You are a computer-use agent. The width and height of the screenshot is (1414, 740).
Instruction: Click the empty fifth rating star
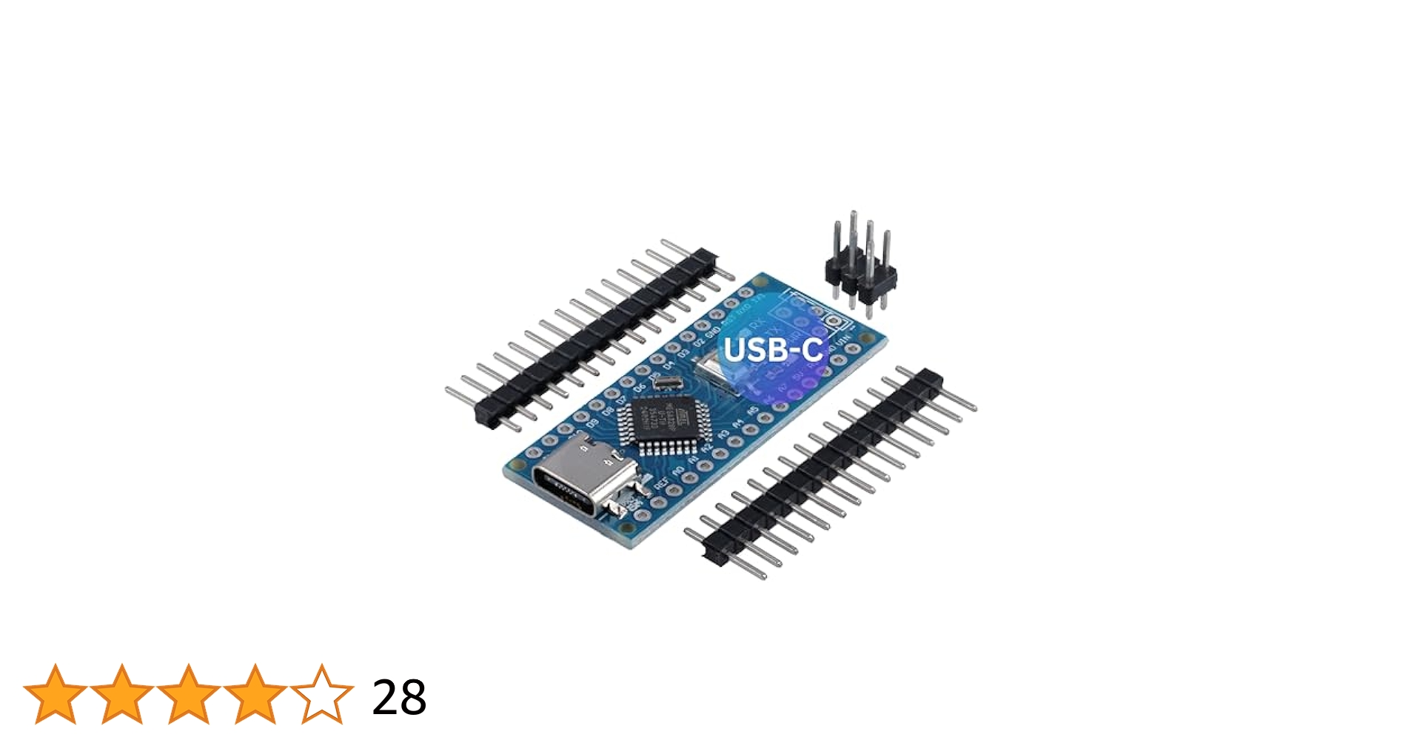pyautogui.click(x=322, y=694)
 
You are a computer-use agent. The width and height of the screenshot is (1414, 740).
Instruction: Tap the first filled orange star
pyautogui.click(x=56, y=694)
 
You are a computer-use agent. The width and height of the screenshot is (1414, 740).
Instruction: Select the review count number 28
pyautogui.click(x=399, y=697)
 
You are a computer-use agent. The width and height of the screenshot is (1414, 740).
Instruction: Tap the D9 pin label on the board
pyautogui.click(x=592, y=424)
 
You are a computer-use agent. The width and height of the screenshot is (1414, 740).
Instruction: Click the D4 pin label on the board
pyautogui.click(x=669, y=365)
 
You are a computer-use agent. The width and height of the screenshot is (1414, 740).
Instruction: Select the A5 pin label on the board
pyautogui.click(x=752, y=411)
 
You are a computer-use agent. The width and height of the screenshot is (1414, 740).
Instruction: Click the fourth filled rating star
pyautogui.click(x=255, y=694)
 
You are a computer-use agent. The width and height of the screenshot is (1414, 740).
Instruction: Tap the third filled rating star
pyautogui.click(x=189, y=694)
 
